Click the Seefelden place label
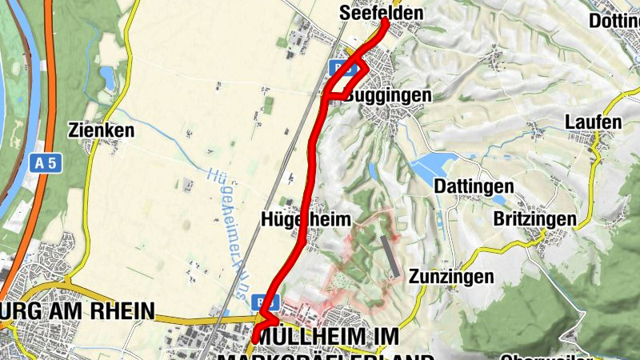click(x=381, y=14)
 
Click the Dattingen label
click(x=474, y=186)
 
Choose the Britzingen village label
click(x=534, y=219)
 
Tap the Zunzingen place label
click(x=450, y=277)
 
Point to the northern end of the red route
click(x=385, y=22)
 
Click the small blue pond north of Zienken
click(x=107, y=77)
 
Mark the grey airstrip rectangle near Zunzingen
click(x=388, y=258)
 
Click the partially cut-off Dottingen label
click(x=614, y=21)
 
